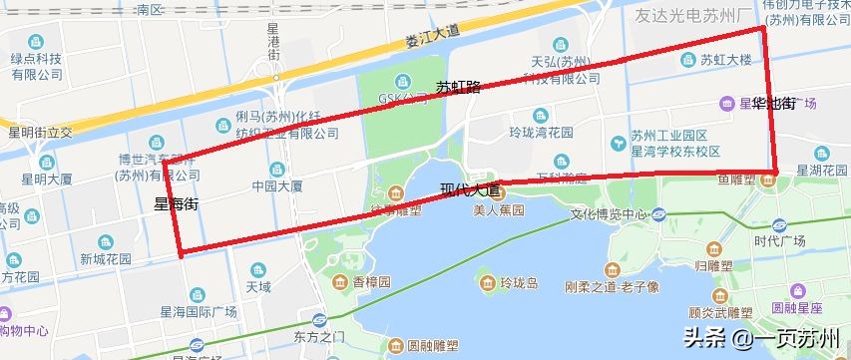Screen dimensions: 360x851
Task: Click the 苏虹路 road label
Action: pos(458,88)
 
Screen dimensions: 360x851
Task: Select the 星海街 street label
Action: pos(177,203)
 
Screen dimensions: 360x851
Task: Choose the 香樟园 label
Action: pos(372,283)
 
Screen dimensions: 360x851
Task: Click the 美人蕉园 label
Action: pos(498,209)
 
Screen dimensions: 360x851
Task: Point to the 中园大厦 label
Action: pos(276,185)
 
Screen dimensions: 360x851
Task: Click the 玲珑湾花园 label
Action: pos(541,132)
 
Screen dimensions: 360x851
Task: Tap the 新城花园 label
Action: pos(106,258)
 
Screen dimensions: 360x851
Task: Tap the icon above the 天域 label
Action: pos(259,269)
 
